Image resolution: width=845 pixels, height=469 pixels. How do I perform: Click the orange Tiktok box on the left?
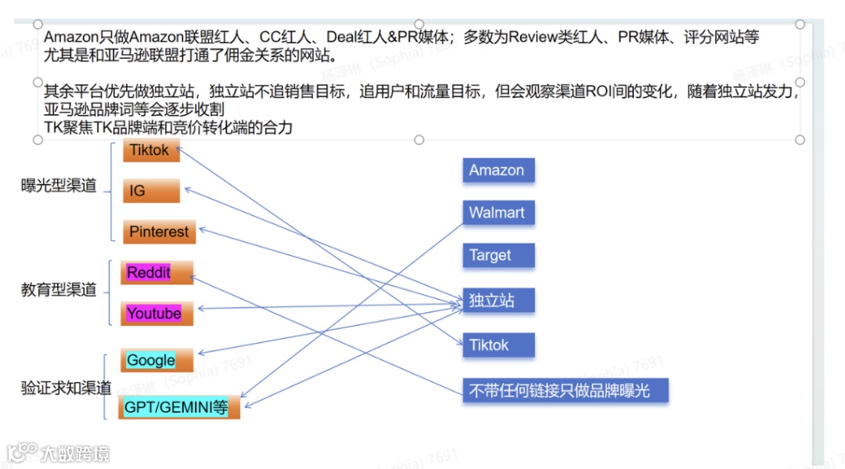coord(150,150)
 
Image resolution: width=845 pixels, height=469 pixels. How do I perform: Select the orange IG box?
coord(150,190)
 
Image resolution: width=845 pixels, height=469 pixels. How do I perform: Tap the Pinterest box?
coord(159,232)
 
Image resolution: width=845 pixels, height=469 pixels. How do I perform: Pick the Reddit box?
coord(156,272)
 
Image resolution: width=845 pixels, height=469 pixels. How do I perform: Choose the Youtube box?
coord(156,313)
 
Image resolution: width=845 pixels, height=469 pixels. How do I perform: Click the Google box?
coord(156,360)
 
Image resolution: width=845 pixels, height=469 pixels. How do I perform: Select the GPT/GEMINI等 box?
coord(178,407)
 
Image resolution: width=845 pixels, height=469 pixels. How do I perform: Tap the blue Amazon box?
coord(498,171)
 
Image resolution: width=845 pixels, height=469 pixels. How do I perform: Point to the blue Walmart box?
coord(498,213)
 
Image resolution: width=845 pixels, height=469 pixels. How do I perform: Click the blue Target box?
coord(498,255)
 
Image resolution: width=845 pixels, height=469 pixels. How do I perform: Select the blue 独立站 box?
coord(498,301)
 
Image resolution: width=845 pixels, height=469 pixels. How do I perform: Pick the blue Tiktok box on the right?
coord(498,345)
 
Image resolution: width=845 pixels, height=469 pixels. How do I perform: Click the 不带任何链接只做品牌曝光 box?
coord(566,390)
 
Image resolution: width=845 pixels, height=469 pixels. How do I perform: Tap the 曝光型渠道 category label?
coord(59,186)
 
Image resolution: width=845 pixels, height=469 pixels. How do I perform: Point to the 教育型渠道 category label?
coord(59,290)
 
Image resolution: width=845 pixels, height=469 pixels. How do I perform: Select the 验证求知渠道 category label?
coord(66,388)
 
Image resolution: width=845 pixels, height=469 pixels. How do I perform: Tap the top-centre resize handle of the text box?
coord(419,24)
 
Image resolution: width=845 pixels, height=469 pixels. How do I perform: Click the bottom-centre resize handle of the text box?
coord(419,139)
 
